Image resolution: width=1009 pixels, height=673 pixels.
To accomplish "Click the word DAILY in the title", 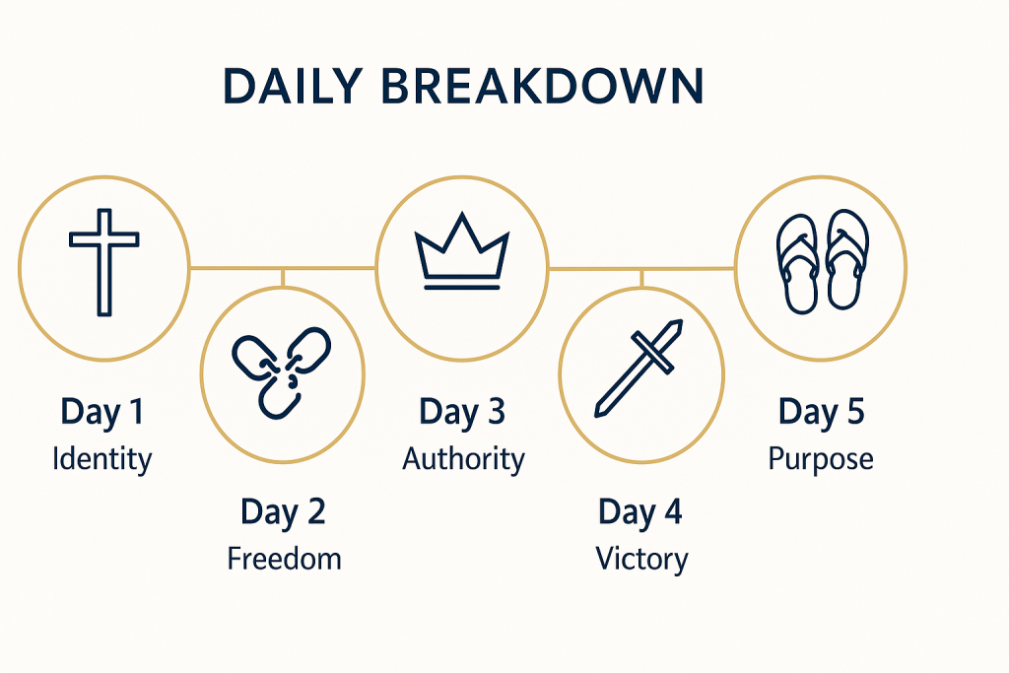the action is click(293, 86).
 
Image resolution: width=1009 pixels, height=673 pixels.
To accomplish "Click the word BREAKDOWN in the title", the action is click(543, 86).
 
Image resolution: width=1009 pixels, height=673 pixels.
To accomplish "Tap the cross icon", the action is click(104, 262).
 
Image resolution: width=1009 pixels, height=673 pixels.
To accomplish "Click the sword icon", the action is click(639, 368).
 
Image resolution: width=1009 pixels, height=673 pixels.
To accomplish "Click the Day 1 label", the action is click(101, 412).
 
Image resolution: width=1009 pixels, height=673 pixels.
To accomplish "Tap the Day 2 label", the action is click(283, 512).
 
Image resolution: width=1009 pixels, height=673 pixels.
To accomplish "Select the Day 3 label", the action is click(462, 412).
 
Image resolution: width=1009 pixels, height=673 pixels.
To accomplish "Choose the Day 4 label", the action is click(640, 512).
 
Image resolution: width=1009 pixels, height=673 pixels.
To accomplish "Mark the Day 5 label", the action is click(821, 412).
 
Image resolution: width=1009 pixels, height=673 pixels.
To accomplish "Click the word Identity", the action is click(101, 459).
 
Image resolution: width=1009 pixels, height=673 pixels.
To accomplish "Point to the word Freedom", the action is click(284, 559).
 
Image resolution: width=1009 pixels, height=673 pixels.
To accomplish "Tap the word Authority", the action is click(463, 459).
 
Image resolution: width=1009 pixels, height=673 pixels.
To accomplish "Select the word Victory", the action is click(641, 559).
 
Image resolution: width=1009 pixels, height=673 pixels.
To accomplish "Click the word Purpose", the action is click(821, 460).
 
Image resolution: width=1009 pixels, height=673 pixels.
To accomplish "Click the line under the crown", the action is click(461, 287).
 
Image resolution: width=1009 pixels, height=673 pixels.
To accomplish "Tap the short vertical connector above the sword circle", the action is click(641, 279).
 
